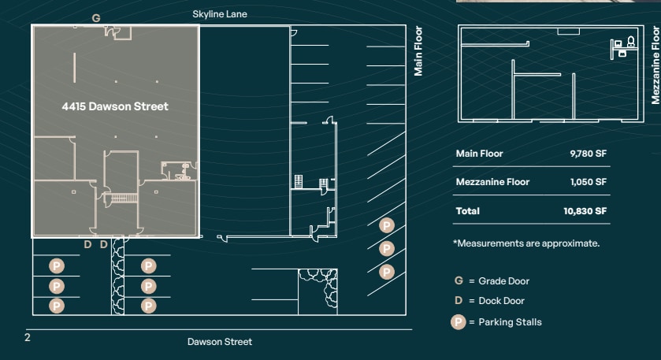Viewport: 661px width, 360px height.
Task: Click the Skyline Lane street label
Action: pyautogui.click(x=220, y=14)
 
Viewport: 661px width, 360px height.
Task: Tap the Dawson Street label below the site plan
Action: pyautogui.click(x=220, y=341)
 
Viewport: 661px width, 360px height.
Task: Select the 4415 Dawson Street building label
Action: pyautogui.click(x=115, y=106)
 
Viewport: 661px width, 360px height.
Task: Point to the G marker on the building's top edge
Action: pyautogui.click(x=96, y=17)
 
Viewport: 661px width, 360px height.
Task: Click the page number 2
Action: pyautogui.click(x=27, y=337)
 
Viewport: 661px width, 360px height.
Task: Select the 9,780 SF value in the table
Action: pyautogui.click(x=588, y=154)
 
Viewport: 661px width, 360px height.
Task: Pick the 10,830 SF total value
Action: pyautogui.click(x=585, y=211)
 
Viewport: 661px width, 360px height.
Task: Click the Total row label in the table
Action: pyautogui.click(x=467, y=211)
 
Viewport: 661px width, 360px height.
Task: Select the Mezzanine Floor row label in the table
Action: pyautogui.click(x=492, y=182)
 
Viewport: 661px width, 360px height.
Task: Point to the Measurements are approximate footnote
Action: pyautogui.click(x=526, y=243)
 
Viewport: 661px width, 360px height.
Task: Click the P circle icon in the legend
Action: pyautogui.click(x=458, y=321)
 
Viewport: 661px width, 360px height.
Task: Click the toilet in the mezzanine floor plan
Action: pyautogui.click(x=630, y=45)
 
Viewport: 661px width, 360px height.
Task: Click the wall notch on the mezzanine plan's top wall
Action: pyautogui.click(x=568, y=32)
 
